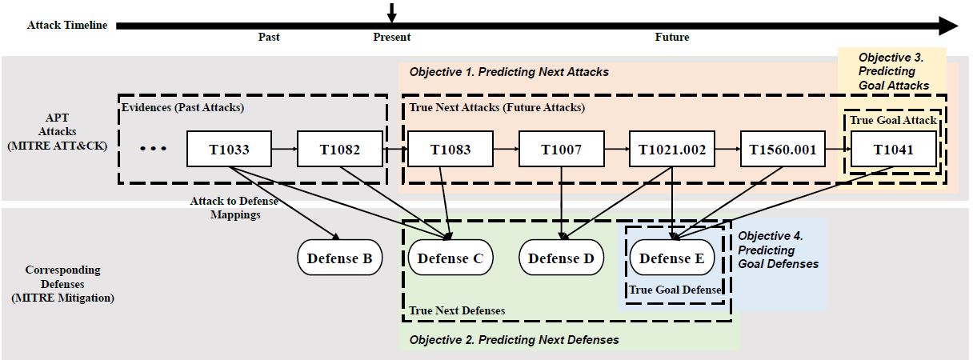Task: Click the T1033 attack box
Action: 229,150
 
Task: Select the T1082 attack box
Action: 340,150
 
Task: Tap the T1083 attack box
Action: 450,150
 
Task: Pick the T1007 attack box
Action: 561,150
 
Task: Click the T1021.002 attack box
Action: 672,150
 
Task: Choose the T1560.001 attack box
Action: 783,150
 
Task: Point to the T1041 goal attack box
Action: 893,150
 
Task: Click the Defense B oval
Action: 339,258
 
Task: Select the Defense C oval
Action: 450,258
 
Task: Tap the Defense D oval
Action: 561,258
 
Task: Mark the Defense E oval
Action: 672,258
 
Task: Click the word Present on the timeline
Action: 392,38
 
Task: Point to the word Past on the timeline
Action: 269,38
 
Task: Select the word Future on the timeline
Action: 672,38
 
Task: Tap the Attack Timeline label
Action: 67,25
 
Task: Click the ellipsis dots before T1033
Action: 153,150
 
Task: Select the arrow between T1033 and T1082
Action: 284,150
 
